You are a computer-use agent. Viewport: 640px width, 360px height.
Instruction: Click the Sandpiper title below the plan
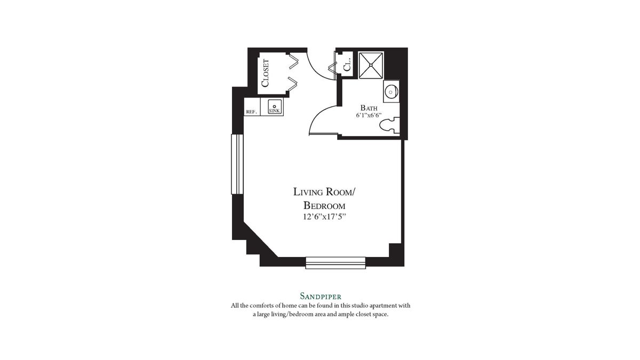320,295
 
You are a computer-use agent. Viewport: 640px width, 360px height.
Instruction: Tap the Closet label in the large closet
265,73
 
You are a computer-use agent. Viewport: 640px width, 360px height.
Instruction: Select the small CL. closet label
347,65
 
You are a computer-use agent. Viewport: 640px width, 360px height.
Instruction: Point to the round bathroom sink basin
391,92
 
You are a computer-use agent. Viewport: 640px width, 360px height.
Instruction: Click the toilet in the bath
389,126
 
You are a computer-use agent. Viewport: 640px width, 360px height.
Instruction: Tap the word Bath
369,107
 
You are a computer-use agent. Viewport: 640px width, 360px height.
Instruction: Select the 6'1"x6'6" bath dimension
369,115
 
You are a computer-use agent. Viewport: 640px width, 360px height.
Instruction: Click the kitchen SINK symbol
274,107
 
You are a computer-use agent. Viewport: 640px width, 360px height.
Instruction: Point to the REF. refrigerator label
251,112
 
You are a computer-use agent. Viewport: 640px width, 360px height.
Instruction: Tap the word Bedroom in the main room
324,205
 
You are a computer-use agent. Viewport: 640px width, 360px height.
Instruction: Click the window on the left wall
237,164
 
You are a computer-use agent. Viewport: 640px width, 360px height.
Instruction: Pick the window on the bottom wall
335,262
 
